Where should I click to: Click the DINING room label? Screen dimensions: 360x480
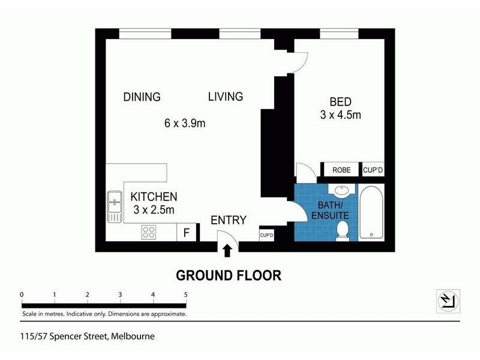tap(142, 97)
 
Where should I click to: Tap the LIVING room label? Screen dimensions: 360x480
tap(225, 97)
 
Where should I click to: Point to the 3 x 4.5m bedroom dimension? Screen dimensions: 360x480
tap(340, 115)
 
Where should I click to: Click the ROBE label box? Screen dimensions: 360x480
tap(341, 170)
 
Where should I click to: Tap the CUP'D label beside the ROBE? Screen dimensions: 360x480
tap(373, 170)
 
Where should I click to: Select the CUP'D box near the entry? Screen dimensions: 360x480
tap(266, 234)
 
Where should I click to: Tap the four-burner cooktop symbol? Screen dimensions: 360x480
tap(149, 232)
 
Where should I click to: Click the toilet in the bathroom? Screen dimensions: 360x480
tap(343, 230)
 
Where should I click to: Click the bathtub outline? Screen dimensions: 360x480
tap(372, 213)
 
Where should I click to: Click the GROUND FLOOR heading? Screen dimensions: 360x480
tap(228, 275)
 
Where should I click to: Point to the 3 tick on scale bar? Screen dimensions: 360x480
tap(120, 295)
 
